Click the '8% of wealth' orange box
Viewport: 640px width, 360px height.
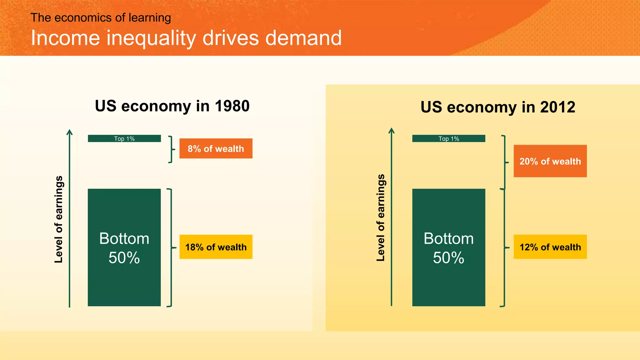[216, 148]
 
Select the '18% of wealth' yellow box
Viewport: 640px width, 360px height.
[216, 247]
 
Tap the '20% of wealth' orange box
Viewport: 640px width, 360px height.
[550, 161]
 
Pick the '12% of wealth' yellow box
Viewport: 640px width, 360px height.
[550, 247]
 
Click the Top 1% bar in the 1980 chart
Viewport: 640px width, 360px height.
[124, 138]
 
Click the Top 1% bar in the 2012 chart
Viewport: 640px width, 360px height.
[448, 138]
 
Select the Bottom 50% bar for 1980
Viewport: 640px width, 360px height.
[124, 247]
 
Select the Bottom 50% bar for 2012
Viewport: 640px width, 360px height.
[448, 247]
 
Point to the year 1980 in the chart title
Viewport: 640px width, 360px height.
[232, 106]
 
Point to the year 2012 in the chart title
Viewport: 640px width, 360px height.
[557, 107]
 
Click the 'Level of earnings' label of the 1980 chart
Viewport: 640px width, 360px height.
[59, 219]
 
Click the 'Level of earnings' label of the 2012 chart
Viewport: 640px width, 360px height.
[381, 217]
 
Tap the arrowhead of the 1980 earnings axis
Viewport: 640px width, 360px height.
[70, 132]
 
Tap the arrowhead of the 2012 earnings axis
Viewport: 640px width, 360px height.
[391, 130]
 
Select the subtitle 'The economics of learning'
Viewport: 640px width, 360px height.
[101, 18]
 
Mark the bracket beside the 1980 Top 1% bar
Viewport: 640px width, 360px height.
[171, 149]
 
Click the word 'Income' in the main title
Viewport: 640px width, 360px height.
[65, 38]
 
